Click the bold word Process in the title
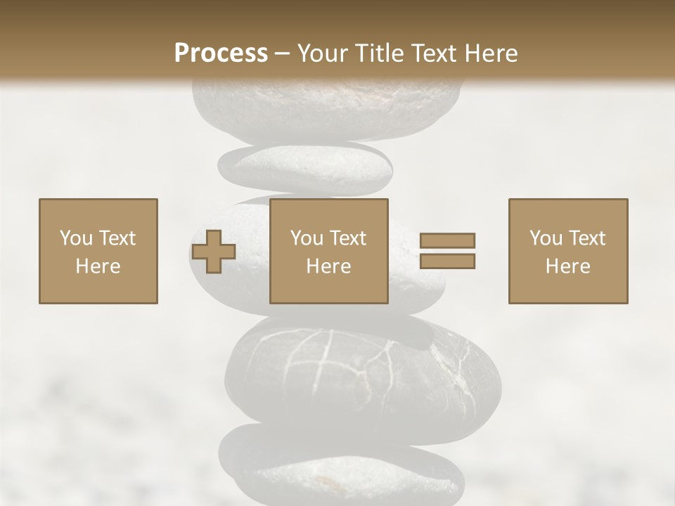click(x=221, y=53)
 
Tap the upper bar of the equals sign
click(x=447, y=240)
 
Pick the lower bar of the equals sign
click(x=447, y=261)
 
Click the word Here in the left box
click(x=98, y=266)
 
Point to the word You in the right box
click(x=546, y=238)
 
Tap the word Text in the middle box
click(x=349, y=238)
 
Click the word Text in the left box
click(x=118, y=238)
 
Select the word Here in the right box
click(x=567, y=266)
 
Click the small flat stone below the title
click(x=305, y=169)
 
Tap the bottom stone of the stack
click(x=341, y=467)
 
